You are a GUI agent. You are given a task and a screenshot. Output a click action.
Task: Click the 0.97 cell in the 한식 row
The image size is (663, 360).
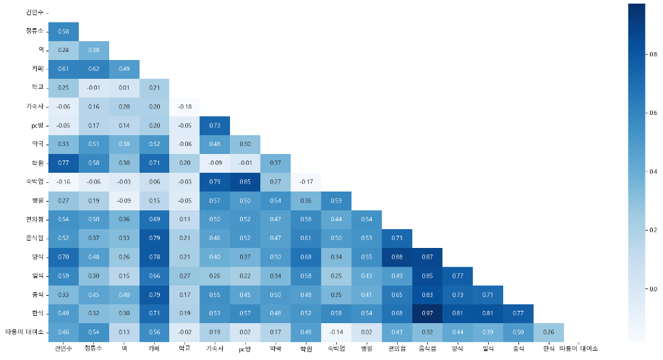pos(427,313)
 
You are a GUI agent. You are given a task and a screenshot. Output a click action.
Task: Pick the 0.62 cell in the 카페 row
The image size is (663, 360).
pos(93,69)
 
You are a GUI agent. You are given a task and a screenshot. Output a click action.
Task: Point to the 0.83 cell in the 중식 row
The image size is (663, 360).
pos(427,295)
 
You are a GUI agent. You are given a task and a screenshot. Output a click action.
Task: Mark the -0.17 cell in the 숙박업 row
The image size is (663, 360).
pos(306,181)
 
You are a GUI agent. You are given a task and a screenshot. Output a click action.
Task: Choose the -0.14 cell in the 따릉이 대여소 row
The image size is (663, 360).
pos(336,332)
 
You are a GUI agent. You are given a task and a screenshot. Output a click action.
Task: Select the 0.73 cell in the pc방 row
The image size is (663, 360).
pos(215,125)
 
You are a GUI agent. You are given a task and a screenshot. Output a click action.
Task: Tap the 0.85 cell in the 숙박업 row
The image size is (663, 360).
pos(245,181)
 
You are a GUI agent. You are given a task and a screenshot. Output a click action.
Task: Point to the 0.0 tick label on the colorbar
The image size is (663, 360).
pos(653,288)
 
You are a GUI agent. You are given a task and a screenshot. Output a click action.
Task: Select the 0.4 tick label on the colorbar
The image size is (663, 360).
pos(653,171)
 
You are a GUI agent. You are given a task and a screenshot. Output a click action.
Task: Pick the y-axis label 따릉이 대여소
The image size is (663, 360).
pos(24,332)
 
